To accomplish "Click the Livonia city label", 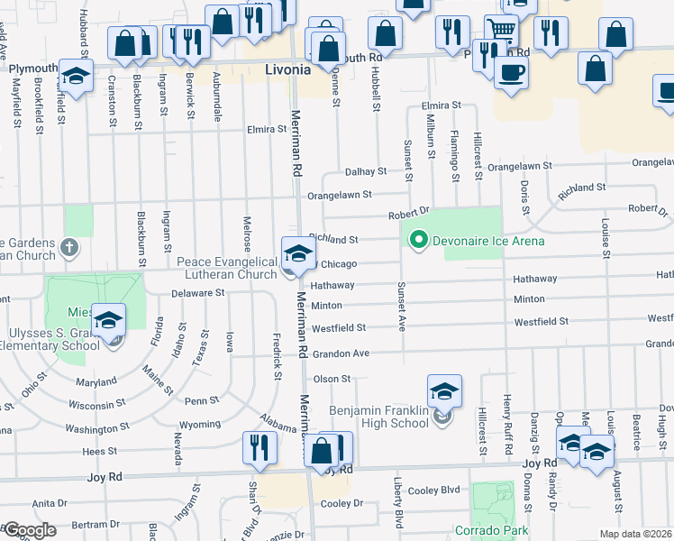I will pyautogui.click(x=288, y=69).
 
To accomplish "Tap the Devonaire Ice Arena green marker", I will pyautogui.click(x=417, y=241).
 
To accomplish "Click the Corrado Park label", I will pyautogui.click(x=491, y=530).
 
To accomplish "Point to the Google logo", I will pyautogui.click(x=29, y=530).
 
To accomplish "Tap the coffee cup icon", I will pyautogui.click(x=512, y=72).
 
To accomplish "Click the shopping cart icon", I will pyautogui.click(x=501, y=30).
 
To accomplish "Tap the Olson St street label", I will pyautogui.click(x=331, y=379).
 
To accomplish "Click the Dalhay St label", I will pyautogui.click(x=365, y=170).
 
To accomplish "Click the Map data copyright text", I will pyautogui.click(x=636, y=534).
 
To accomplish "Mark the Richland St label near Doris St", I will pyautogui.click(x=582, y=188).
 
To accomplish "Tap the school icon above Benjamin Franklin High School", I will pyautogui.click(x=444, y=391).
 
